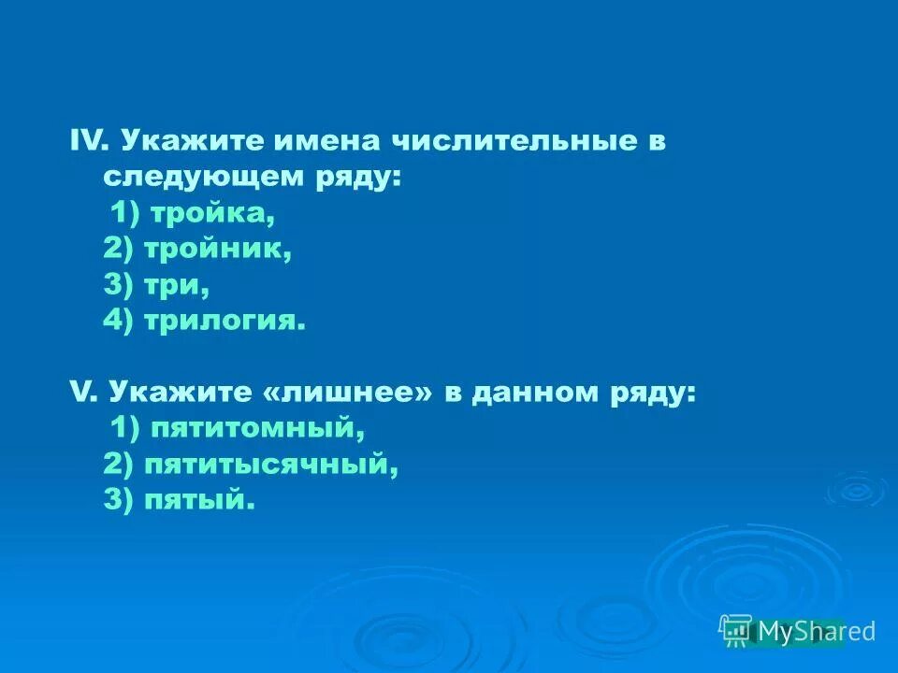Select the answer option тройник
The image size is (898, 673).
[x=230, y=250]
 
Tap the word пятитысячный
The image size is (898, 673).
[x=271, y=465]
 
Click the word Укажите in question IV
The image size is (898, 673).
[x=193, y=141]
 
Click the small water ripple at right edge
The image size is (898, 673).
[x=855, y=489]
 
